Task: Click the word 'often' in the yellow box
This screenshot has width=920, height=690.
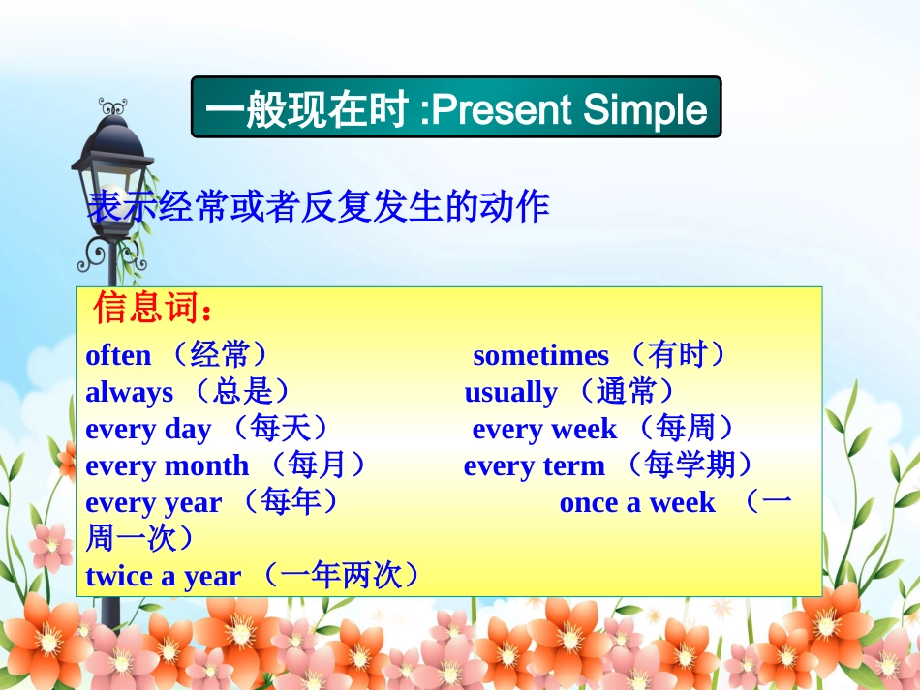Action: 118,356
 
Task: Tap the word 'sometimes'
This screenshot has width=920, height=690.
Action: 540,356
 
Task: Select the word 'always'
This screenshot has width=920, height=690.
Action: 129,393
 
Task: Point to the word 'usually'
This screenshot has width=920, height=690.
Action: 510,393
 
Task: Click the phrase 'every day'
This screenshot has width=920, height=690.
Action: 148,430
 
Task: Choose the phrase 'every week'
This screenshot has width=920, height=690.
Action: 544,430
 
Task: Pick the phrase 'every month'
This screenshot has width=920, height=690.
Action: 167,466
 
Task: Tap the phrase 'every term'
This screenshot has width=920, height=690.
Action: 534,466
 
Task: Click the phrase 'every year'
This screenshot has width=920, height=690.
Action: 153,503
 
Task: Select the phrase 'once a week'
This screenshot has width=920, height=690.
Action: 637,503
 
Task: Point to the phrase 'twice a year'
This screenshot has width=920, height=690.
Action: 163,577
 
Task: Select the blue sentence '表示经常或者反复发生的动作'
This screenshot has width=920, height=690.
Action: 319,206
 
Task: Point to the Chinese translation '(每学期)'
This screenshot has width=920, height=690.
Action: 689,465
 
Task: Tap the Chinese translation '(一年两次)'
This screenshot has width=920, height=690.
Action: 343,576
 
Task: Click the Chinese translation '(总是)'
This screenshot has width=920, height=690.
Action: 241,392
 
